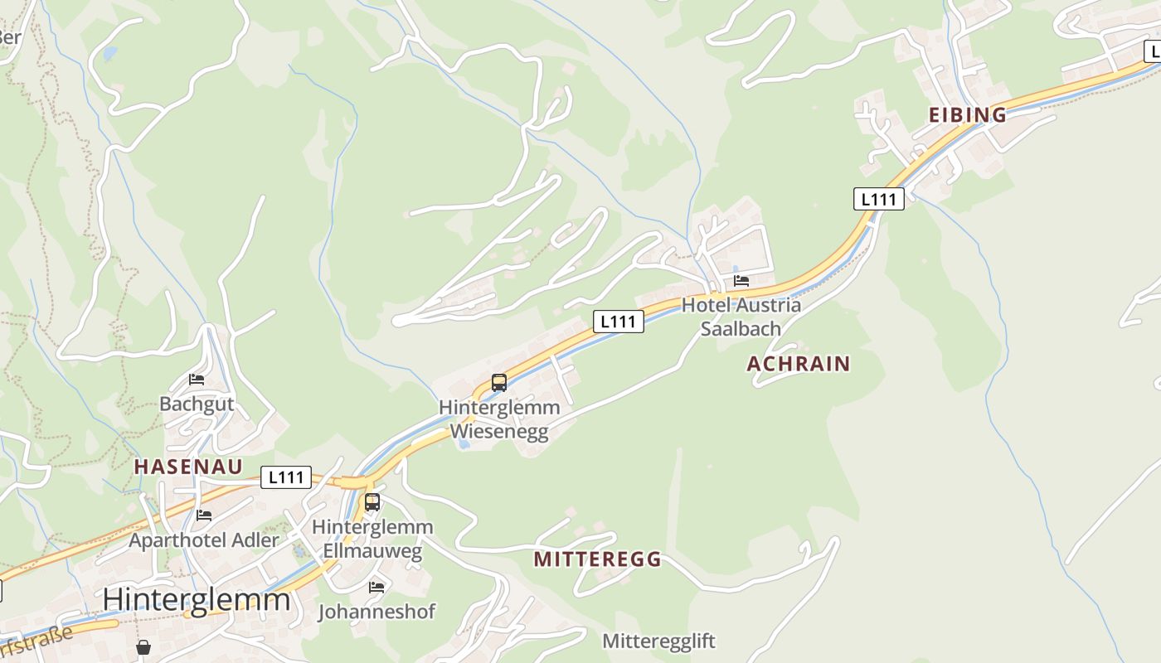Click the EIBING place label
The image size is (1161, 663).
point(967,115)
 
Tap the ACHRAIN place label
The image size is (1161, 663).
point(799,364)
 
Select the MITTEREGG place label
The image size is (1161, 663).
point(597,559)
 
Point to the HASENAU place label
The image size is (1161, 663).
point(188,467)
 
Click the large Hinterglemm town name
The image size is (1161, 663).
point(197,599)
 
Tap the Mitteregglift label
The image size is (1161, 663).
point(658,641)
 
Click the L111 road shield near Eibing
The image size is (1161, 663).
point(878,199)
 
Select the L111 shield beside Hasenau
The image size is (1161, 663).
point(285,477)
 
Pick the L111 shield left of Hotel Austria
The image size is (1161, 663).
point(619,322)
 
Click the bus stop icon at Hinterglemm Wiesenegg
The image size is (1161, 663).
point(498,383)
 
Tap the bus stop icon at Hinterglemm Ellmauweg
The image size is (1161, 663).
point(372,502)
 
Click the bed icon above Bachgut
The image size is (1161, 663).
point(197,380)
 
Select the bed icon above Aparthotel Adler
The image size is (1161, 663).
point(204,515)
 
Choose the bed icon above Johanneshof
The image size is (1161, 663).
point(376,588)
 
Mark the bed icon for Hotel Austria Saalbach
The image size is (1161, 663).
point(741,281)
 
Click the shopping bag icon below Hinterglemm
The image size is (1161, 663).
point(143,647)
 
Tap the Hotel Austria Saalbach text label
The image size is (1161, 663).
point(741,317)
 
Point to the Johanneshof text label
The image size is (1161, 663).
point(376,612)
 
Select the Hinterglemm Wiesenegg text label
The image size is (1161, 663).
point(499,419)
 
